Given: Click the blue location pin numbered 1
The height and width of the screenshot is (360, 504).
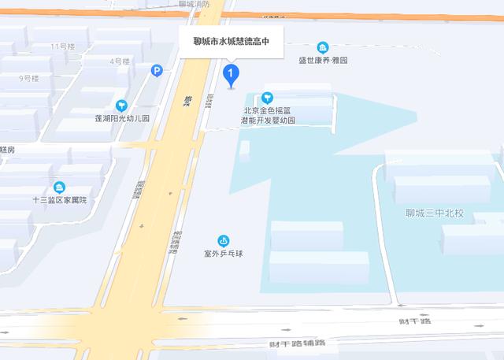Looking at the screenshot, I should coord(231,76).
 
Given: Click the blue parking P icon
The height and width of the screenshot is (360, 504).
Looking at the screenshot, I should coord(157,71).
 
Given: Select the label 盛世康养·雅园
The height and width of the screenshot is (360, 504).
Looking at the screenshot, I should coord(323,60).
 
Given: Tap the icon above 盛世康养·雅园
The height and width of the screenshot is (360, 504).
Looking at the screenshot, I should coord(323,47).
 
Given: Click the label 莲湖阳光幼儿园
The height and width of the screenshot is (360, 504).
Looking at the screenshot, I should coord(122,118).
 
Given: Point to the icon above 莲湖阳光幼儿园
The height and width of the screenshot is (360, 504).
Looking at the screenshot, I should coord(121,105).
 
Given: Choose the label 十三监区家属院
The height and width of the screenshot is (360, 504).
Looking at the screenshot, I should coord(59,200).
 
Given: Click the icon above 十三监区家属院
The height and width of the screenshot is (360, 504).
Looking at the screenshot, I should coord(59,187).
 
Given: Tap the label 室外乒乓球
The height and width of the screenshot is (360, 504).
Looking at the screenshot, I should coord(223,254).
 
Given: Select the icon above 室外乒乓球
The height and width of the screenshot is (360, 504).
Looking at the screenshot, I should coord(223,240).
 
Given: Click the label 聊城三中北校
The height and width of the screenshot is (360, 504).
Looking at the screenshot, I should coord(435,213).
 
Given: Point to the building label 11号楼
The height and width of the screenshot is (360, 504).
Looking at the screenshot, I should coord(62,46).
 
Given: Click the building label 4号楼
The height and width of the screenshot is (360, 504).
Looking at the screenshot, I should coord(120,61).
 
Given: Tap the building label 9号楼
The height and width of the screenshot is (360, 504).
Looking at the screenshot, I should coord(29,78).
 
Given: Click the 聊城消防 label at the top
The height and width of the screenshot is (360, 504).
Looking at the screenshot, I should coord(194,4).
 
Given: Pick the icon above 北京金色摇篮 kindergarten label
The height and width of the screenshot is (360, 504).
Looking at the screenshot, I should coord(268,98).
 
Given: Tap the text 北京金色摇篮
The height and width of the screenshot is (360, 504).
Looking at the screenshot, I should coord(268,111).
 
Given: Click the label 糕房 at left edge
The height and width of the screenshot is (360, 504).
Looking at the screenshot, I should coord(7,149).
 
